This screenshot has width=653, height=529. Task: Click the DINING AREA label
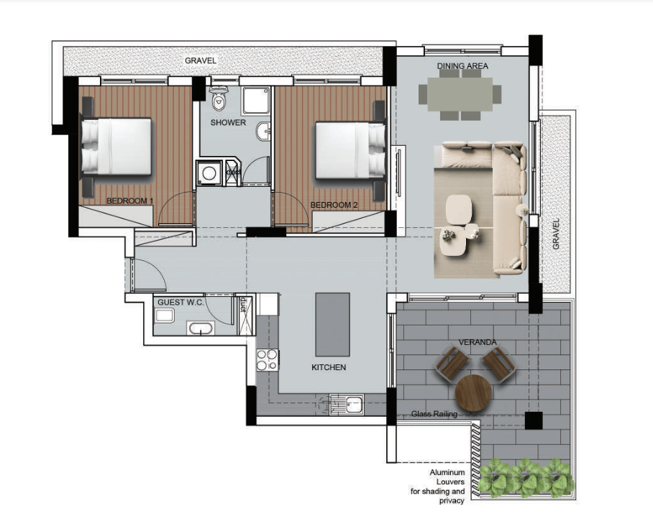(x=462, y=65)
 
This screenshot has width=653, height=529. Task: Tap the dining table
(x=460, y=94)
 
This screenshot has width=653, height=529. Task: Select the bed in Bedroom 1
(x=117, y=146)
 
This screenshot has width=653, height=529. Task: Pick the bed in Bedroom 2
(x=350, y=149)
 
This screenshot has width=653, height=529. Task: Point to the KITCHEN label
(x=329, y=367)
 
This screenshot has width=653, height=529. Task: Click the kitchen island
(x=332, y=324)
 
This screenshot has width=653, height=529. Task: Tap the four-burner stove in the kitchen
(x=267, y=360)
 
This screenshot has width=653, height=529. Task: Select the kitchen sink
(x=347, y=405)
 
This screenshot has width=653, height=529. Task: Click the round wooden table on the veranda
(x=473, y=393)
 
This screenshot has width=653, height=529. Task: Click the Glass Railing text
(x=434, y=414)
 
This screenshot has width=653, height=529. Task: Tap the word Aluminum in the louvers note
(x=447, y=473)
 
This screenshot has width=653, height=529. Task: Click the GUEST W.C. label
(x=181, y=302)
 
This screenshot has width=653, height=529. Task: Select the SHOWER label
(x=228, y=123)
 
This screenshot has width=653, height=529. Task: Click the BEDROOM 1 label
(x=130, y=201)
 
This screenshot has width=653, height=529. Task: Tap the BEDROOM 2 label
(x=334, y=205)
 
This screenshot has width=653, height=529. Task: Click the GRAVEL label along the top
(x=201, y=61)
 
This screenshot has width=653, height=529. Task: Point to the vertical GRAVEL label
(x=556, y=234)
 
